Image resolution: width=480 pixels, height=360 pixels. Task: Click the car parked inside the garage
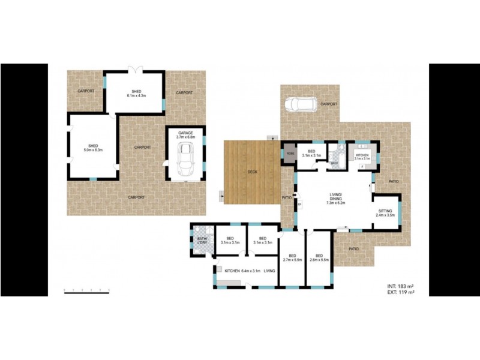click(185, 160)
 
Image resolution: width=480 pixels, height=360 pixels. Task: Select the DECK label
click(253, 172)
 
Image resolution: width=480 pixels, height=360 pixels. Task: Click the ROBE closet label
click(290, 154)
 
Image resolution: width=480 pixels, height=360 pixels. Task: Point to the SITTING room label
click(386, 212)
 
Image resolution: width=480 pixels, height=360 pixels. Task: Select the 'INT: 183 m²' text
click(400, 286)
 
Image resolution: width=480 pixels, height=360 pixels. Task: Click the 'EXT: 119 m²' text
click(400, 292)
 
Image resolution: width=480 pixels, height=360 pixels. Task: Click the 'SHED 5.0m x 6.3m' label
click(93, 148)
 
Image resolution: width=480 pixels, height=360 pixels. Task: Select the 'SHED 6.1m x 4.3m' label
click(136, 94)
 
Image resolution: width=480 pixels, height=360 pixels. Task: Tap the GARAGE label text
click(185, 136)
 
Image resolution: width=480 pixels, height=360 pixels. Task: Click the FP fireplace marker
click(299, 205)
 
